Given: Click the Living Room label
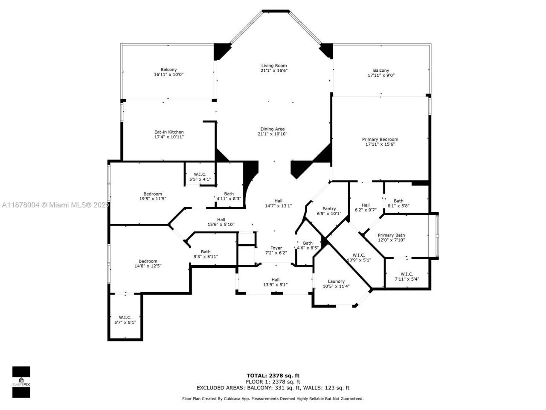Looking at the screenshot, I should tap(274, 66).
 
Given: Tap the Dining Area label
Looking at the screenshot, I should tap(273, 129).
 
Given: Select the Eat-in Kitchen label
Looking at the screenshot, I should tap(169, 132).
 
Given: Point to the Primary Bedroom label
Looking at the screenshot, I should tap(380, 139).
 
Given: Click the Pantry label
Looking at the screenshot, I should tap(329, 209).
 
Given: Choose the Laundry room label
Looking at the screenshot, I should tap(336, 281).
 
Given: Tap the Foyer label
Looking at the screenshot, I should tap(276, 248).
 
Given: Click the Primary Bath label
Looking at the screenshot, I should tap(391, 235).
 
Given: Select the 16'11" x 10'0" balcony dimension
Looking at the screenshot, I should tap(168, 75).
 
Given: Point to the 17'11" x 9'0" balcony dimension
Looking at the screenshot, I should tap(381, 76).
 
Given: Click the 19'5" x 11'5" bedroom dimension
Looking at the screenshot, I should tap(152, 199).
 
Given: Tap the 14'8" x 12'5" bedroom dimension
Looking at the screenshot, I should tap(148, 266).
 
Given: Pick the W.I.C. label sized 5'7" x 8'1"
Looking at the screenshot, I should tap(125, 317).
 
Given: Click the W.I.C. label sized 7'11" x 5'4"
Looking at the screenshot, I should tap(407, 274).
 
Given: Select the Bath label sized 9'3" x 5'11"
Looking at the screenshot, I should tap(206, 252).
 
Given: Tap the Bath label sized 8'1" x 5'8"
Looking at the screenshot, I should tap(398, 201).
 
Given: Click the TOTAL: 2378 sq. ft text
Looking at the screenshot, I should tap(273, 376).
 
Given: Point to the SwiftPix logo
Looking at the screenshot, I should tap(21, 382).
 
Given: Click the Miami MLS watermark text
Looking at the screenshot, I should tap(55, 205).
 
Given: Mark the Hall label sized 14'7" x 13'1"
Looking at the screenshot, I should tap(278, 201).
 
